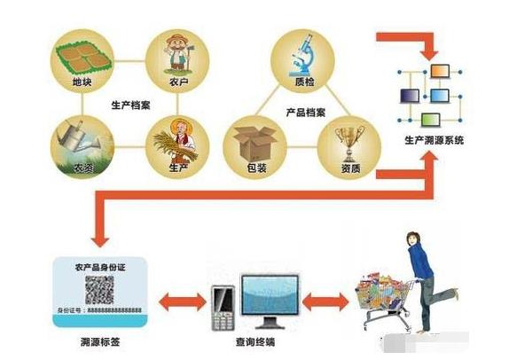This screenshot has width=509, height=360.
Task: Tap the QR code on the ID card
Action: click(99, 289)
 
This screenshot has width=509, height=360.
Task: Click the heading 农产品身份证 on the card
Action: click(100, 264)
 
